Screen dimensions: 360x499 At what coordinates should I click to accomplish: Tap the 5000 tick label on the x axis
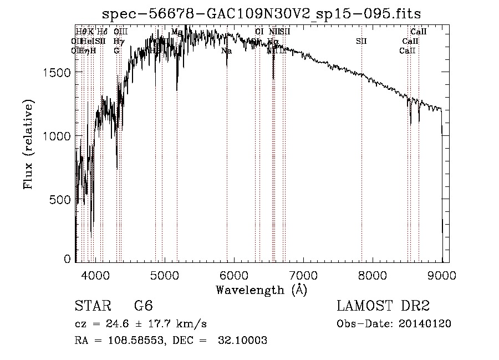(164, 275)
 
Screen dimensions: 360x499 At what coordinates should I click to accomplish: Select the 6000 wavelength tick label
(233, 275)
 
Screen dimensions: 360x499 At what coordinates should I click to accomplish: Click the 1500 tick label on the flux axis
(55, 73)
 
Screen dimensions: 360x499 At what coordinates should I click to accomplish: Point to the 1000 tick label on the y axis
(55, 136)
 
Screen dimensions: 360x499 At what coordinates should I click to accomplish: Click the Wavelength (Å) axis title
(261, 290)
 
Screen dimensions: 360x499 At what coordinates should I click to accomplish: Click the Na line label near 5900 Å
(226, 51)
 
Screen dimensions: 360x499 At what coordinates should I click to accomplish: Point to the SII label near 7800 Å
(361, 41)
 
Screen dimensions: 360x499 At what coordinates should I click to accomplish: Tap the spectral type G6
(142, 307)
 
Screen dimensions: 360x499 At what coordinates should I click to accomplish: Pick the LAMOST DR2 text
(383, 307)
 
